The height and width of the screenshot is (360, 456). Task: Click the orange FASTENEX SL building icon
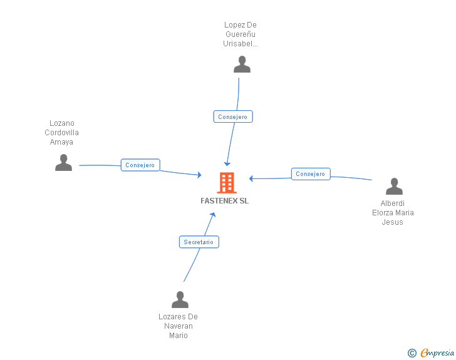coord(226,183)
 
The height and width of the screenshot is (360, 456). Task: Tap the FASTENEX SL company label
coord(224,201)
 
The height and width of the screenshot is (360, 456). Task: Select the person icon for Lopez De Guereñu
coord(242,64)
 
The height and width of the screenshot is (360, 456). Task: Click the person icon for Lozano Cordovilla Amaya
coord(63,163)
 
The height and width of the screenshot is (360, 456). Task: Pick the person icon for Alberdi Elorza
coord(394,187)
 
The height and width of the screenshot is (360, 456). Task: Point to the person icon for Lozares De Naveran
coord(180,300)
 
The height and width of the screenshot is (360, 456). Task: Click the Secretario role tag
coord(199,242)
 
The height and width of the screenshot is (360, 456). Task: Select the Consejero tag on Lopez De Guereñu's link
coord(233,116)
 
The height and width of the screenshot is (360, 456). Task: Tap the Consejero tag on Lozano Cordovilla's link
coord(140,165)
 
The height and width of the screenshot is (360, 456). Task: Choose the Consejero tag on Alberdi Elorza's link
coord(311,174)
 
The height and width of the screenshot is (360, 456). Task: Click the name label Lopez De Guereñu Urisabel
coord(241,34)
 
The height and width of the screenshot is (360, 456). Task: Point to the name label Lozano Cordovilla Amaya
coord(62,133)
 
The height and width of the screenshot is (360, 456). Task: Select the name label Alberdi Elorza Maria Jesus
coord(393,213)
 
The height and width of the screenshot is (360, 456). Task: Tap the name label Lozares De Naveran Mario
coord(179,326)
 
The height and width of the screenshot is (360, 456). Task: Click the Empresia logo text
coord(437,353)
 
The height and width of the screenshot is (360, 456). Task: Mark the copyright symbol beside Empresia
coord(412,353)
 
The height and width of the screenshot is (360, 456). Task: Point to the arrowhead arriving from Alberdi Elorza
coord(252,178)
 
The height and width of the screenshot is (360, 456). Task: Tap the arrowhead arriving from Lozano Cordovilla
coord(199,175)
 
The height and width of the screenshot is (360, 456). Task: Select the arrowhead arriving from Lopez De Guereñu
coord(227,163)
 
